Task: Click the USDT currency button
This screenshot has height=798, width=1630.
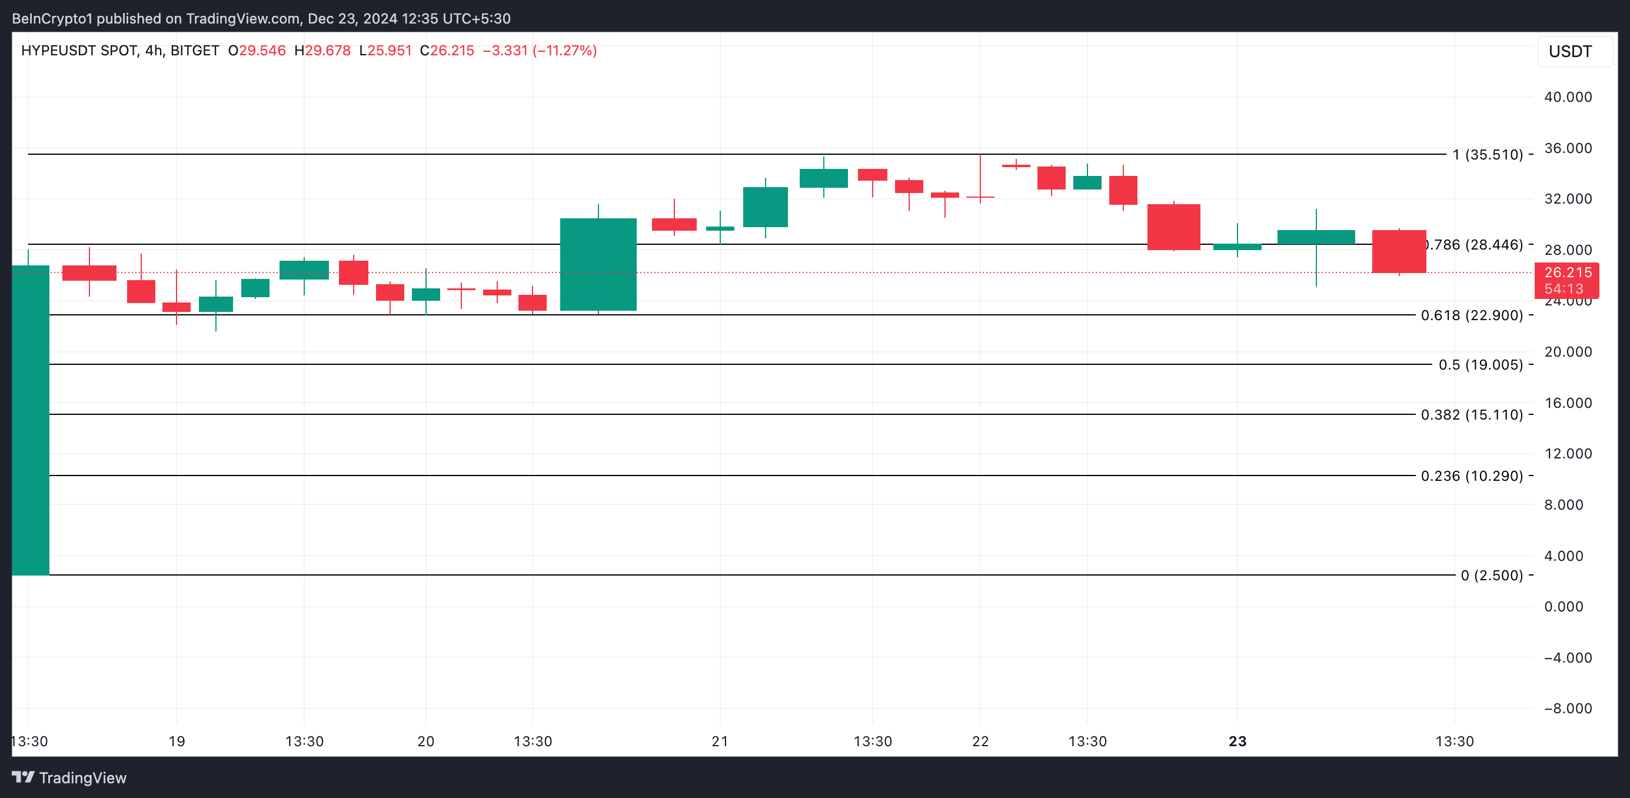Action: click(1570, 51)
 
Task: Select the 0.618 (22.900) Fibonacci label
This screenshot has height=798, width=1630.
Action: click(1471, 315)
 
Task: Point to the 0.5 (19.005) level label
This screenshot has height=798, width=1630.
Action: click(1480, 364)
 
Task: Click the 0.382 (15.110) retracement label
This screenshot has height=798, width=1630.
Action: click(1471, 414)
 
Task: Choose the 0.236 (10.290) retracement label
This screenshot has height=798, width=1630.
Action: click(1471, 476)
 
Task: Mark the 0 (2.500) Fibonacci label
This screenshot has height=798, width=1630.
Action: click(1492, 575)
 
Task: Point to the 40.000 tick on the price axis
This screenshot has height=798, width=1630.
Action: click(1568, 97)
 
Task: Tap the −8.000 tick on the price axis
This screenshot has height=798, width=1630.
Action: click(1568, 708)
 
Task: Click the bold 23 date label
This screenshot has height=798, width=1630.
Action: click(1237, 741)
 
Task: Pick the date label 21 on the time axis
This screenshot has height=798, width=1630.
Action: click(720, 741)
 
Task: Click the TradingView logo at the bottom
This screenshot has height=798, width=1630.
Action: click(69, 778)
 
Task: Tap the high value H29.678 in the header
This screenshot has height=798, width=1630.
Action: click(322, 51)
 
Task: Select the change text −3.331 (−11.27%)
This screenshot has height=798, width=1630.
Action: click(539, 51)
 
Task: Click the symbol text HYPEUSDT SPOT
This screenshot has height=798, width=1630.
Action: click(79, 51)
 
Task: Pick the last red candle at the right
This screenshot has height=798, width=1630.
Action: click(1398, 251)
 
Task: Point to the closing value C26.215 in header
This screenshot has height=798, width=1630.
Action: click(447, 51)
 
